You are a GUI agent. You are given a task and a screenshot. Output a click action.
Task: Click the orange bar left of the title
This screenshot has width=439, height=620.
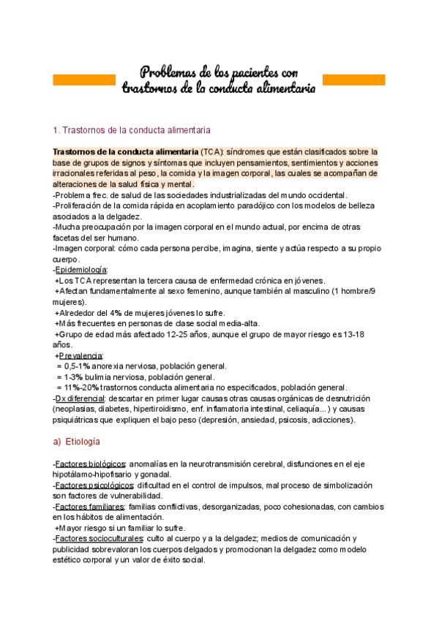click(84, 79)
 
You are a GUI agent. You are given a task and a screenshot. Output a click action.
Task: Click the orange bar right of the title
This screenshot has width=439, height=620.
click(354, 79)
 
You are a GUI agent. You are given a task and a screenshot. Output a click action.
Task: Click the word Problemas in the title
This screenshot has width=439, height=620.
click(168, 72)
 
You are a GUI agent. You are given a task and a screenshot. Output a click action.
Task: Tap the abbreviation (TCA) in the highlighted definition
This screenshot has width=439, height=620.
click(214, 151)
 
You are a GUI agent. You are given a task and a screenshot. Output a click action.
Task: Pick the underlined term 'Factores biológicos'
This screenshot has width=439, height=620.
click(90, 464)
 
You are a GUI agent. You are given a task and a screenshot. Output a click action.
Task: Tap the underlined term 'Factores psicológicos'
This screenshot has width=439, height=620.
click(94, 485)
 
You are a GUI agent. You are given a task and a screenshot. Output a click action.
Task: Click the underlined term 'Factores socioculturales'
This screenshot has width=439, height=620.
click(97, 539)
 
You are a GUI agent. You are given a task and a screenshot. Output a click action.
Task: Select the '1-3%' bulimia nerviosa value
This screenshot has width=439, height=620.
click(75, 377)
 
